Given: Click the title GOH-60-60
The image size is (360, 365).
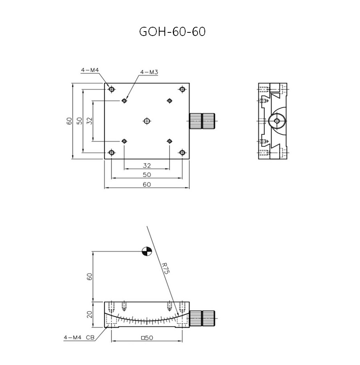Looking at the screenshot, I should [172, 32].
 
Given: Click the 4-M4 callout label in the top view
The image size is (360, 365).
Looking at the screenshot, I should [90, 70].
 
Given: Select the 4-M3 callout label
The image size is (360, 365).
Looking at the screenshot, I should [149, 72].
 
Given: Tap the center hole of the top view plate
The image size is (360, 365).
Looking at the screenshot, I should [147, 121].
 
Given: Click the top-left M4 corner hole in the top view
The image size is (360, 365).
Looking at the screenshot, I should [111, 89].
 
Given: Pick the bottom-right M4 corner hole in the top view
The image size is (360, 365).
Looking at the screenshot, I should [182, 153].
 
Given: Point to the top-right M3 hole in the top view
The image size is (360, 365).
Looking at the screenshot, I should [170, 101].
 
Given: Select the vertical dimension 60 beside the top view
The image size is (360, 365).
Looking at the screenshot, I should [70, 121].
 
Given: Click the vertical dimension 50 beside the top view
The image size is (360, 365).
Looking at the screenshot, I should [80, 121].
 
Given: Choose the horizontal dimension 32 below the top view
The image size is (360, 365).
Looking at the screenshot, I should [147, 165].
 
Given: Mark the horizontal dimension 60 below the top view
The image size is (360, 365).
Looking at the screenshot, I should [147, 184].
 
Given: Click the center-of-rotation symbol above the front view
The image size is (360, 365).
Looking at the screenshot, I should [147, 251].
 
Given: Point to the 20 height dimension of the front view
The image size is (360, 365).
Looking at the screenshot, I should [90, 314].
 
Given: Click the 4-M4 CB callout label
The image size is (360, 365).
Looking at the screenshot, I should [79, 338].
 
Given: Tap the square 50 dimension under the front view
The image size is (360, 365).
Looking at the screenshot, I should [147, 338].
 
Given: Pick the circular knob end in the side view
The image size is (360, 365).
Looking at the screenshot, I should [276, 120].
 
